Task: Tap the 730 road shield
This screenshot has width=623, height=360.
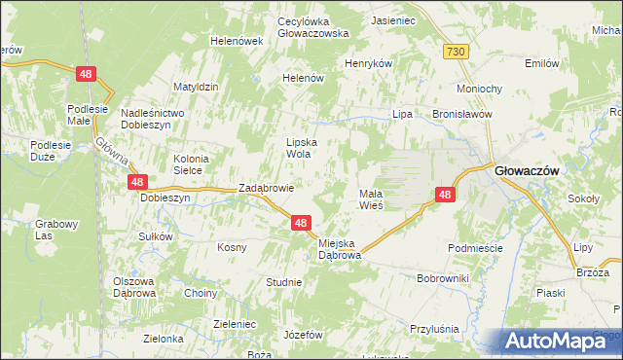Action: click(x=455, y=51)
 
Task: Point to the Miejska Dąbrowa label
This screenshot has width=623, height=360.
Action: click(x=340, y=248)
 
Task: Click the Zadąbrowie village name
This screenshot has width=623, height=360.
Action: click(x=267, y=188)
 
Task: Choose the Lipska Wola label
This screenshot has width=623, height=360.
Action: click(x=303, y=147)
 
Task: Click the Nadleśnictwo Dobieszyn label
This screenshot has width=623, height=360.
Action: click(x=159, y=119)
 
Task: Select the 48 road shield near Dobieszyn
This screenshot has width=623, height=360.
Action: click(x=137, y=182)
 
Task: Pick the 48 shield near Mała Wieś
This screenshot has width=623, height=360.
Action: click(x=445, y=195)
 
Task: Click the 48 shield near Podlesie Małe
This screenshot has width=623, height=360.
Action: click(x=87, y=73)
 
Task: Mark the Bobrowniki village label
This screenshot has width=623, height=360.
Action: click(x=443, y=278)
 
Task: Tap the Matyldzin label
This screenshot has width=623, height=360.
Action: click(x=195, y=87)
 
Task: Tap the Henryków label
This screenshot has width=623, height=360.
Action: click(x=368, y=63)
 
